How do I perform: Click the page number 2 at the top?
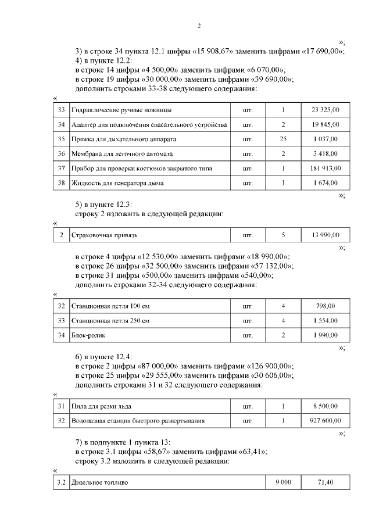pyautogui.click(x=199, y=26)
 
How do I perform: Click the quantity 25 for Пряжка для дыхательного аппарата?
pyautogui.click(x=283, y=139)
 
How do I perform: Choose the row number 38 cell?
pyautogui.click(x=61, y=183)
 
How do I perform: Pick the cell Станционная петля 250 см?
pyautogui.click(x=110, y=321)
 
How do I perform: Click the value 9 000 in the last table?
pyautogui.click(x=283, y=483)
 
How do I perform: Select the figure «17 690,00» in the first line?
pyautogui.click(x=321, y=51)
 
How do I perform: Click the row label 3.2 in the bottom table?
pyautogui.click(x=61, y=483)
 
